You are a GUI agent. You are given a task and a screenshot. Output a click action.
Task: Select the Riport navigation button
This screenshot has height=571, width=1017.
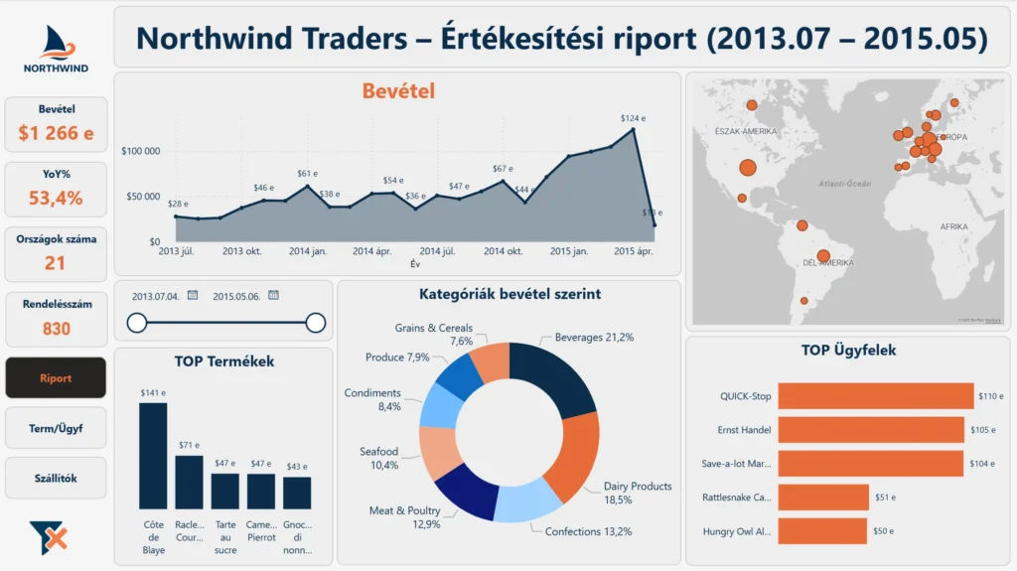coord(56,378)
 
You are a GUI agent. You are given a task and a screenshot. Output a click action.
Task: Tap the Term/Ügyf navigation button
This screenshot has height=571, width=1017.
coord(56,428)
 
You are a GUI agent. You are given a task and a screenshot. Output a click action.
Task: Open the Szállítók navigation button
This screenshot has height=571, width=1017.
coord(56,478)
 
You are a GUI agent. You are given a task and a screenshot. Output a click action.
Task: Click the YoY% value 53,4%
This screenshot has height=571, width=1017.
coord(56,198)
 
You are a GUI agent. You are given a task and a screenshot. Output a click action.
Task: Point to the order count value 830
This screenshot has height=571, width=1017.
coord(56,328)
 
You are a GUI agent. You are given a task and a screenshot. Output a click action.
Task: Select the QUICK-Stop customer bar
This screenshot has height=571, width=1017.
coord(875,396)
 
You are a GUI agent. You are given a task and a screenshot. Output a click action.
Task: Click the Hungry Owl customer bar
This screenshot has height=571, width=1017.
coord(821,530)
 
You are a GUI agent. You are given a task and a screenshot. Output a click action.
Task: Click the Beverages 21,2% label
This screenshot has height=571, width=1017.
coord(594,338)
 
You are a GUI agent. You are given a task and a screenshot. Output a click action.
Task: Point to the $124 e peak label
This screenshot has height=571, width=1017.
coord(633,118)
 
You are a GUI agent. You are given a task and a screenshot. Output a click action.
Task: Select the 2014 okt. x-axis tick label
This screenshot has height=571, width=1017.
coord(503,252)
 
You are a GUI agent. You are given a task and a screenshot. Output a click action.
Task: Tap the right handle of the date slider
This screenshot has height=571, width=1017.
coord(316,322)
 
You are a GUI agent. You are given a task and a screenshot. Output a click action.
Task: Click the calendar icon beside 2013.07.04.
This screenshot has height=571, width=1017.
coord(193,295)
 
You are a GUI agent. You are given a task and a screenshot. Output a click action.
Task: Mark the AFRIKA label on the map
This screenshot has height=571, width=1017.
coord(952,227)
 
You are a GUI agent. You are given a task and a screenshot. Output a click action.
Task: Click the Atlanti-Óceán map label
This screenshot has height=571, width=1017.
coord(844,184)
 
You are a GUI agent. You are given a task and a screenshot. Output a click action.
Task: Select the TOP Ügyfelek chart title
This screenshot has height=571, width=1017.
coord(849,350)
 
